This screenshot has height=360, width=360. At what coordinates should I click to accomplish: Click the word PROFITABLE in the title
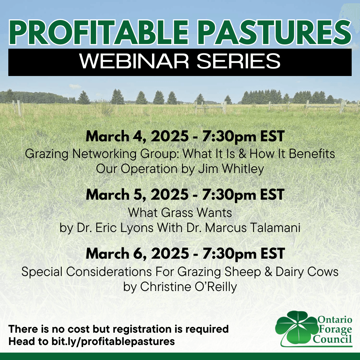point(99,32)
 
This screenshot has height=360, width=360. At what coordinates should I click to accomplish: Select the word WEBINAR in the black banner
point(134,61)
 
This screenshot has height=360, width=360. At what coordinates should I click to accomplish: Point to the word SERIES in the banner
point(239,61)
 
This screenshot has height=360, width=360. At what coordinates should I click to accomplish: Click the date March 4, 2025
point(137,136)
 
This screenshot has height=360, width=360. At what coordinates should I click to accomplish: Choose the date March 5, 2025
point(137,195)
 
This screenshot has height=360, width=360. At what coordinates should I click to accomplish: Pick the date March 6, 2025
point(137,253)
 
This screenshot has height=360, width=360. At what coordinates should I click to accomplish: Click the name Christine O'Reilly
point(188,287)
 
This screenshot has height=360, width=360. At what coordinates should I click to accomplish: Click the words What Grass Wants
point(180,213)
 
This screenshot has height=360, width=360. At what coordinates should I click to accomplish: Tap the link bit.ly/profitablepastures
point(113,342)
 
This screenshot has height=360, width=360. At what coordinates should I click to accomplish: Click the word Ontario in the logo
point(335,319)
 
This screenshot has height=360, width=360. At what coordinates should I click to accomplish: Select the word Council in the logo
point(332,339)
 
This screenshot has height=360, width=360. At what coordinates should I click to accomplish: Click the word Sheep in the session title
point(243,272)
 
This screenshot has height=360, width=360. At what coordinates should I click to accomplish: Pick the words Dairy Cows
point(307,272)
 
